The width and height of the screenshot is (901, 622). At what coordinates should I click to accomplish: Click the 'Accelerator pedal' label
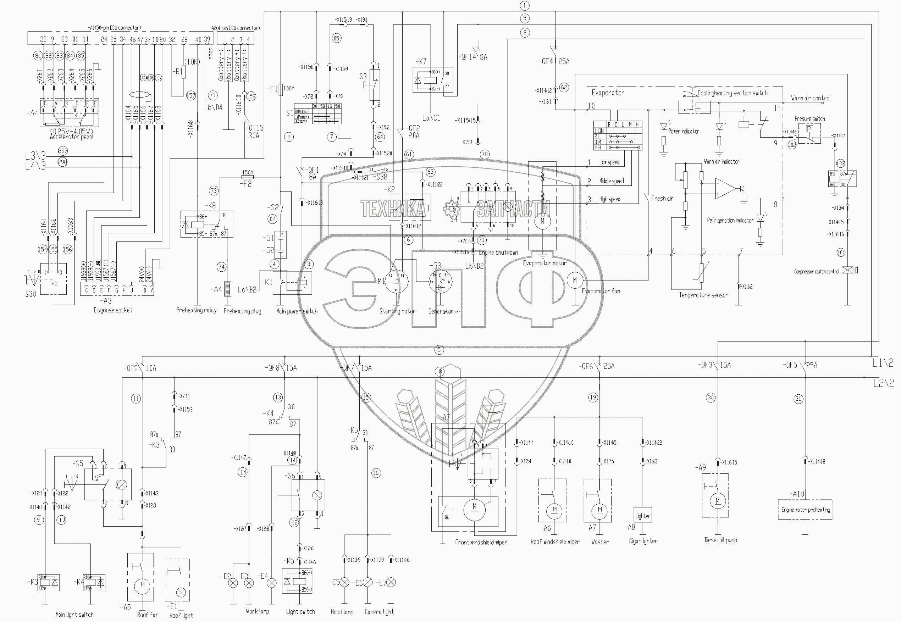pos(72,137)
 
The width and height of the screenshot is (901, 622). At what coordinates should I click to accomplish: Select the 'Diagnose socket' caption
pos(113,310)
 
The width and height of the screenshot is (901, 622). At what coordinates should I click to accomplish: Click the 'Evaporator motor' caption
pos(544,263)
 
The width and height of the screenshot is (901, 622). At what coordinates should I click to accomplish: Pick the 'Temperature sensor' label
pos(703,295)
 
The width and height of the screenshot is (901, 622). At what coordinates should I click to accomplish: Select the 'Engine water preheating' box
pos(806,510)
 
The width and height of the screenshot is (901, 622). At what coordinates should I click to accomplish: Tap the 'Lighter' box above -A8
pos(642,516)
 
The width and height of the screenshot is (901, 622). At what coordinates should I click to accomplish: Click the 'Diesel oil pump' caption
pos(720,540)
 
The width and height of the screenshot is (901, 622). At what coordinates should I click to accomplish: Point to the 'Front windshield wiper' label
pos(481,542)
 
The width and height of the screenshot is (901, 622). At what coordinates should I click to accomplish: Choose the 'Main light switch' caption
pos(74,615)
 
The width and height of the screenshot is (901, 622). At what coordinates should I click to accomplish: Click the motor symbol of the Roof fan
pos(142,584)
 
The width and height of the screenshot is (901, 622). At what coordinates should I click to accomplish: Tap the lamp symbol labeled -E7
pos(391,583)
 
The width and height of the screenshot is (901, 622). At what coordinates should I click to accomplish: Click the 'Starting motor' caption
pos(397,311)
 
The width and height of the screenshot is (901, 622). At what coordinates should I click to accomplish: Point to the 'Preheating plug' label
pos(242,311)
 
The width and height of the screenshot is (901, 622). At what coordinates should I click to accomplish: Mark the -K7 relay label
pos(421,62)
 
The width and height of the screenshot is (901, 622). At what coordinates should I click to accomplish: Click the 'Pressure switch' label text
pos(810,119)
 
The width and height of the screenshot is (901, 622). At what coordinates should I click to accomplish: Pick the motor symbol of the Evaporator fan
pos(574,280)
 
